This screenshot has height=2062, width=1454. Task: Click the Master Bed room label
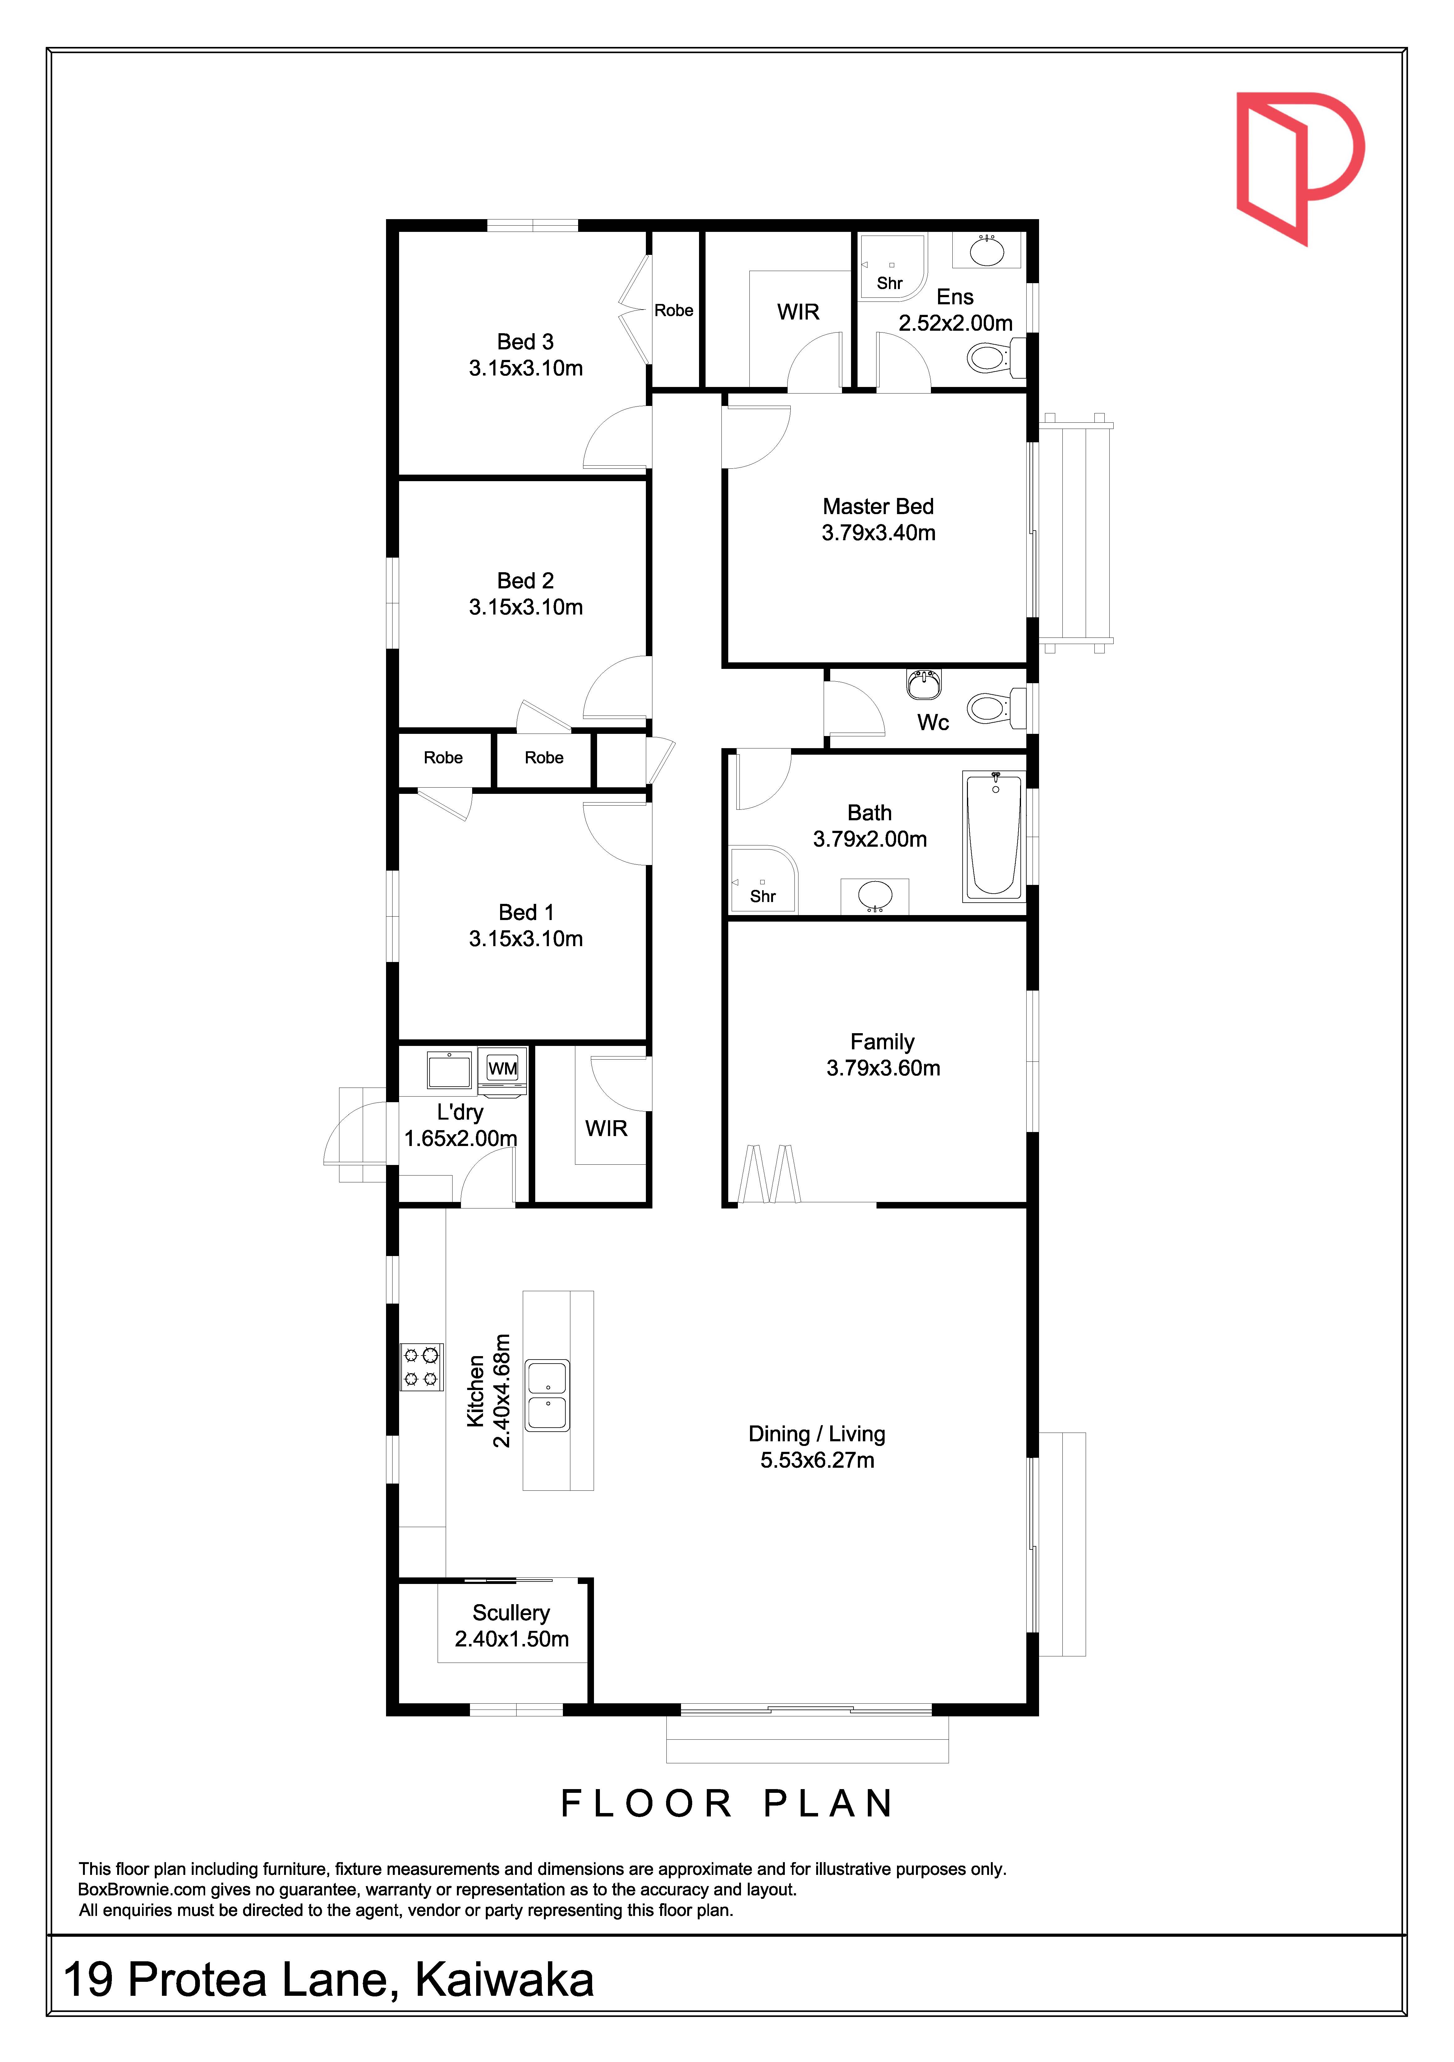pyautogui.click(x=878, y=507)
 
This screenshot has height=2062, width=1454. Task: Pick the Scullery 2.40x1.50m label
pyautogui.click(x=512, y=1626)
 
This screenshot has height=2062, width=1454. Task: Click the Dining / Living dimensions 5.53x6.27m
pyautogui.click(x=817, y=1460)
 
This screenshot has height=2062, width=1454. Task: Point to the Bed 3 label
pyautogui.click(x=525, y=341)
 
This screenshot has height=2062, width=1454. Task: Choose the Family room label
pyautogui.click(x=883, y=1042)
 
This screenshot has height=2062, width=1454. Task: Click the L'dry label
pyautogui.click(x=460, y=1112)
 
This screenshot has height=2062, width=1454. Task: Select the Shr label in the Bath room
pyautogui.click(x=762, y=896)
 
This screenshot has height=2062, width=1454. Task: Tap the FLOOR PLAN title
pyautogui.click(x=727, y=1803)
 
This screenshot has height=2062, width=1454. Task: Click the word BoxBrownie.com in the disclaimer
pyautogui.click(x=142, y=1889)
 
